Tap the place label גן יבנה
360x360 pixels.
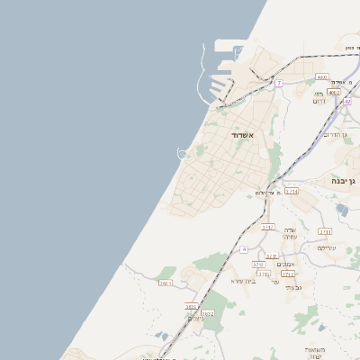344,181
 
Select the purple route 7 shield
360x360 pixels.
279,84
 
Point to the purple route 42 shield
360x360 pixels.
347,102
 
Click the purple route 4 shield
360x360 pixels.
243,248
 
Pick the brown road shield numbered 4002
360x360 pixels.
334,92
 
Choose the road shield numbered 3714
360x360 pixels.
292,191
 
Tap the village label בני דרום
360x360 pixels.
319,97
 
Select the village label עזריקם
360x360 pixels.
327,247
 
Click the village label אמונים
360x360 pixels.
284,264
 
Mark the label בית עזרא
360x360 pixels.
244,281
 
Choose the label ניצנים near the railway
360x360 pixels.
195,319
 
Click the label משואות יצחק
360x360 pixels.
314,352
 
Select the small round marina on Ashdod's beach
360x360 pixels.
183,154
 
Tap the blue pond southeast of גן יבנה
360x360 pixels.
342,210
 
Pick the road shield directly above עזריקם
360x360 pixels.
324,231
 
